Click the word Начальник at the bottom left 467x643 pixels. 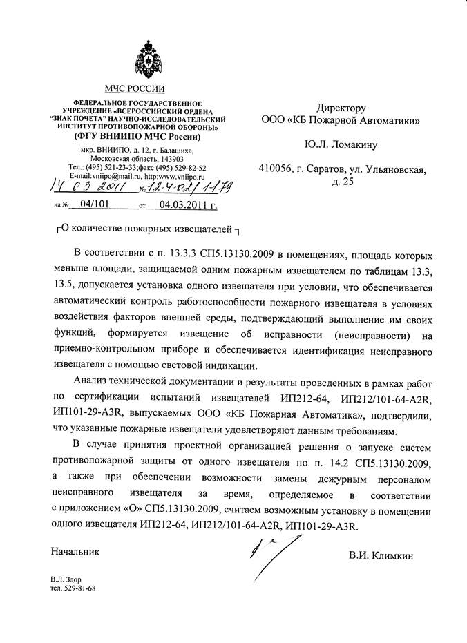tap(75, 552)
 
